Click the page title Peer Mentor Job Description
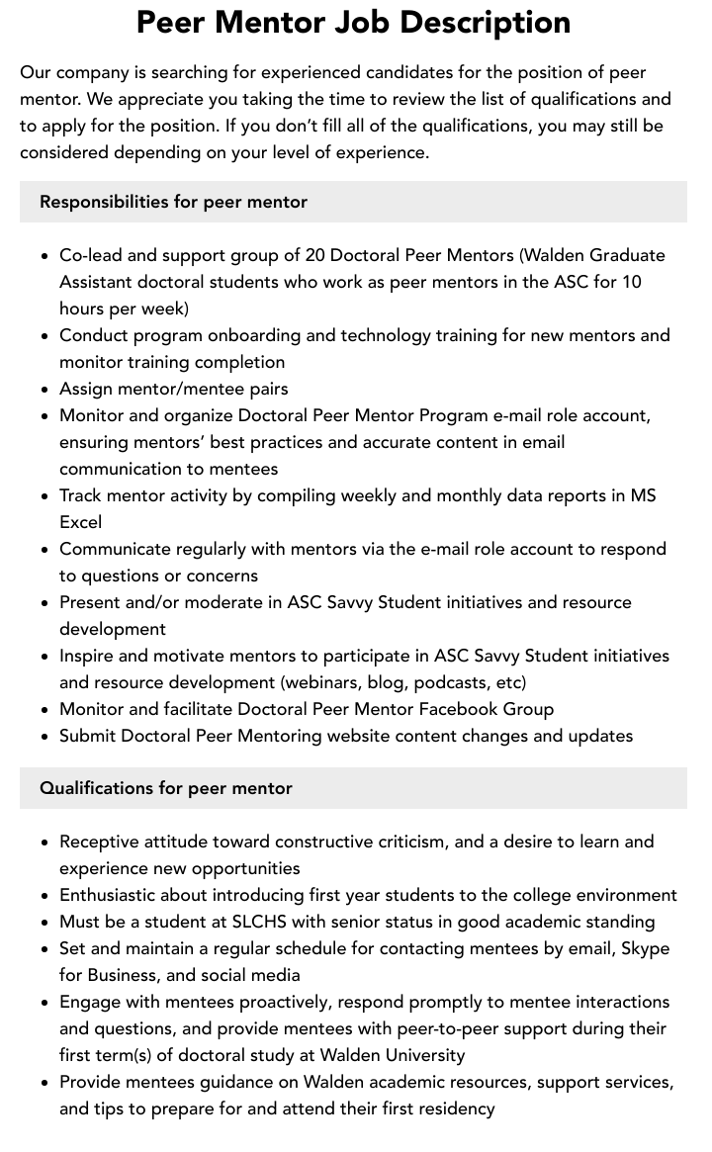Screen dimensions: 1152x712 (353, 22)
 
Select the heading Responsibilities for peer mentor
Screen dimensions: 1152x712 (173, 202)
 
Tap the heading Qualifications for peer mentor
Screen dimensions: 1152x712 (166, 788)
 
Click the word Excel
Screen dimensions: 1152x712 (80, 522)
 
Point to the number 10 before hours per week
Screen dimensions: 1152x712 (631, 282)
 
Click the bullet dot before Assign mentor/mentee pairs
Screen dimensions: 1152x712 (45, 390)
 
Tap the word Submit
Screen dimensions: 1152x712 (90, 736)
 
